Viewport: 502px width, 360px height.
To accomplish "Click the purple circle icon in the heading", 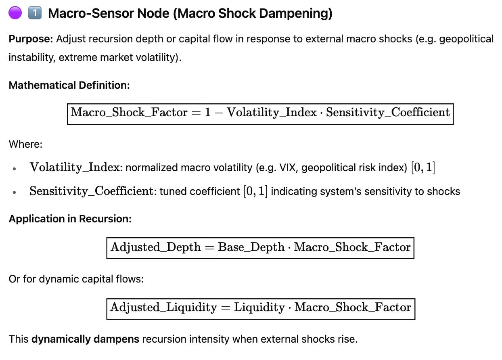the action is pos(15,13).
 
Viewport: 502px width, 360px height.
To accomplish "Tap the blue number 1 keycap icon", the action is pos(35,13).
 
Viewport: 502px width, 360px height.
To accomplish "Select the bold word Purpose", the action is pos(31,39).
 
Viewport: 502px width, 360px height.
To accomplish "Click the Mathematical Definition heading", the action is pos(69,85).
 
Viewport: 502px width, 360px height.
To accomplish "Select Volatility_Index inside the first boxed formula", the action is pos(272,113).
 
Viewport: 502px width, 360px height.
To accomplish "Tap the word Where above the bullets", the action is pos(25,144).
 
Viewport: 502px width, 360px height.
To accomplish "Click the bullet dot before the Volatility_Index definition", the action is pos(15,169).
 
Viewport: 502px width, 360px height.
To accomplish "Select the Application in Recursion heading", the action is pos(70,219).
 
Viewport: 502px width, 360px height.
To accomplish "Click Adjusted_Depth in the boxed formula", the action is pos(155,247).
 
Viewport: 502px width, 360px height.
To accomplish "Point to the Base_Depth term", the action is pos(251,247).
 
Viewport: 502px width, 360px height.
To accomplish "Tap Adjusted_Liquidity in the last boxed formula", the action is pos(163,308).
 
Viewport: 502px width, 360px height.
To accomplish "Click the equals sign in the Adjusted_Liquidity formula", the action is pos(226,308).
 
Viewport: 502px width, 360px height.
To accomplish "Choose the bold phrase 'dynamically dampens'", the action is pos(85,339).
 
